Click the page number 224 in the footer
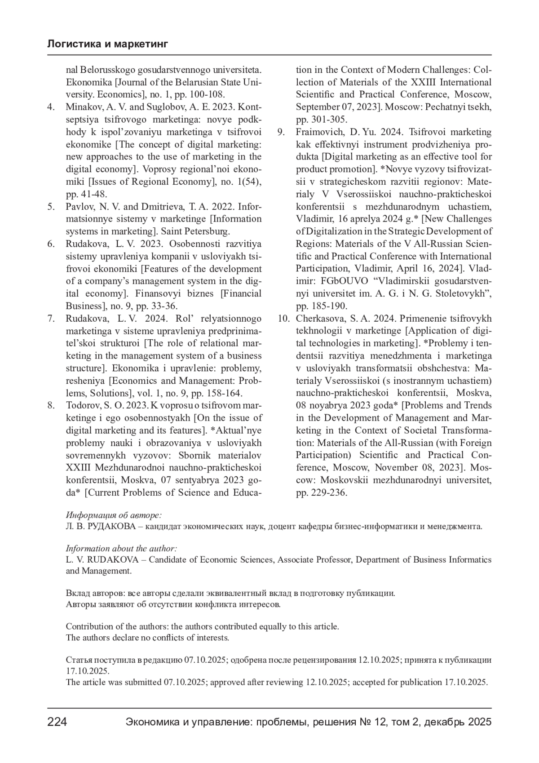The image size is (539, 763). pyautogui.click(x=57, y=722)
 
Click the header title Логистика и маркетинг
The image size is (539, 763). pyautogui.click(x=107, y=44)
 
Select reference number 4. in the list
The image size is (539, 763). pyautogui.click(x=51, y=107)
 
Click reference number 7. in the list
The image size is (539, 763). pyautogui.click(x=51, y=319)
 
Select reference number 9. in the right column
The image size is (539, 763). pyautogui.click(x=281, y=132)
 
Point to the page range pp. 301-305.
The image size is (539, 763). pyautogui.click(x=321, y=120)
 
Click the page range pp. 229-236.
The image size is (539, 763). pyautogui.click(x=321, y=492)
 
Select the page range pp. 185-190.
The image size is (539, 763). pyautogui.click(x=321, y=306)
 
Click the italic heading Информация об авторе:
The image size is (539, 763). pyautogui.click(x=114, y=515)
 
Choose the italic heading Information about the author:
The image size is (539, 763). pyautogui.click(x=121, y=548)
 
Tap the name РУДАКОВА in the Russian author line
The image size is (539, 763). pyautogui.click(x=112, y=526)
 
